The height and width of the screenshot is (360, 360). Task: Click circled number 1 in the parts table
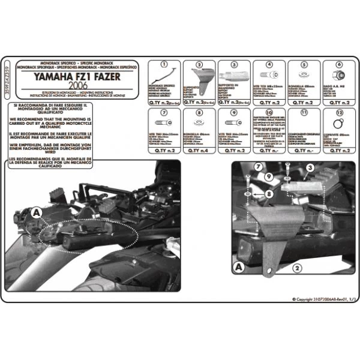tap(163, 64)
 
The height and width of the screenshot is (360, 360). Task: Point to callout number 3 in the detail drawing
tap(310, 170)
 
